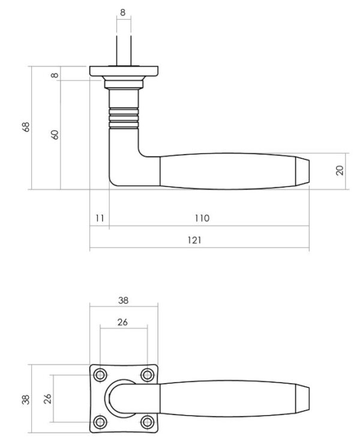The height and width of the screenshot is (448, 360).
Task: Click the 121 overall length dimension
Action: (194, 240)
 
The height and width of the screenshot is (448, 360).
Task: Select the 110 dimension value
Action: (202, 218)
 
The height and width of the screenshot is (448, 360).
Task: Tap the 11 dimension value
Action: (100, 218)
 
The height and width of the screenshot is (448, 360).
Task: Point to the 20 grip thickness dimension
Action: (340, 170)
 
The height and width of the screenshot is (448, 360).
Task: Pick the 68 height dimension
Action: (26, 127)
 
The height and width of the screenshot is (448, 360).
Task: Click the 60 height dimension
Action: (55, 135)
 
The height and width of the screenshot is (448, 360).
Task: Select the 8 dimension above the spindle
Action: (122, 13)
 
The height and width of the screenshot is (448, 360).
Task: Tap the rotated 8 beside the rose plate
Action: (55, 76)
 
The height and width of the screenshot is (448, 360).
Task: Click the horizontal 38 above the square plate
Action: (123, 300)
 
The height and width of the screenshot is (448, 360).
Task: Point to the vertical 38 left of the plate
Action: (26, 399)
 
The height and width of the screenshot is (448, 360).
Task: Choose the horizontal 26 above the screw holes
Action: (122, 322)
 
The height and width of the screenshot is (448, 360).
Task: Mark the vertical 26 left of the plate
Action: (47, 399)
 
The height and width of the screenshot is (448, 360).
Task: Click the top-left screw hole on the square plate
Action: (100, 375)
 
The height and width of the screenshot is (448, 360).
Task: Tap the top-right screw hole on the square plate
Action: (148, 375)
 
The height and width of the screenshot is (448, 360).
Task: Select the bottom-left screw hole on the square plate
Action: (100, 422)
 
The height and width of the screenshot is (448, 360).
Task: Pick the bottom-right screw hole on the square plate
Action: (148, 422)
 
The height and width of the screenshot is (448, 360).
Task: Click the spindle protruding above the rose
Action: (124, 51)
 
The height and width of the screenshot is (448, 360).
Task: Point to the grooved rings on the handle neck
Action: (124, 118)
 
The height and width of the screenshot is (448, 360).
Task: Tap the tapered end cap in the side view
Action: (302, 171)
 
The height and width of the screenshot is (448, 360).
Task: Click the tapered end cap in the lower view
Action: (302, 399)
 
